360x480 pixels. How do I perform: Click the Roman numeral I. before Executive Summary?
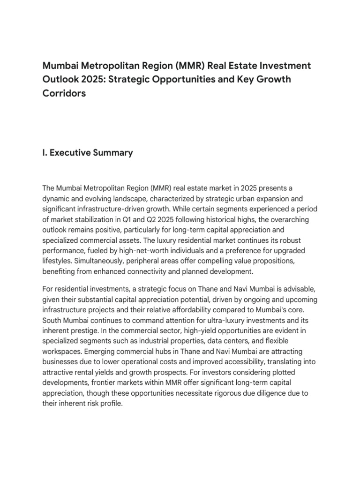pyautogui.click(x=45, y=152)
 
